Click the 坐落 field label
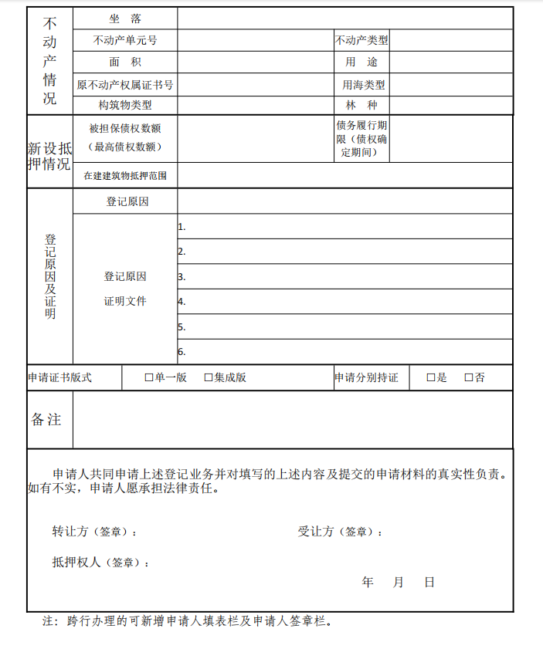coord(125,19)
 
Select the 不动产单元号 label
coord(125,40)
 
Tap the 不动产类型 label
coord(361,40)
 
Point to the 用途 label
coord(361,62)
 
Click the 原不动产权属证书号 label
coord(125,85)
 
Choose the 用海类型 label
coord(364,85)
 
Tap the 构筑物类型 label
coord(125,105)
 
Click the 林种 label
coord(361,105)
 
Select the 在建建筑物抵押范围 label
coord(125,176)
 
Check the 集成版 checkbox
coord(209,378)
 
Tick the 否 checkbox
coord(469,378)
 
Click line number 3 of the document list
coord(182,276)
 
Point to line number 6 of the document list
coord(182,352)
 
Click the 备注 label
coord(46,420)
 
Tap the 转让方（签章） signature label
coord(95,532)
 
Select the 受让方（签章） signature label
coord(341,532)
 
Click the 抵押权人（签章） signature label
coord(100,563)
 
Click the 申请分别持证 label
coord(366,378)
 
